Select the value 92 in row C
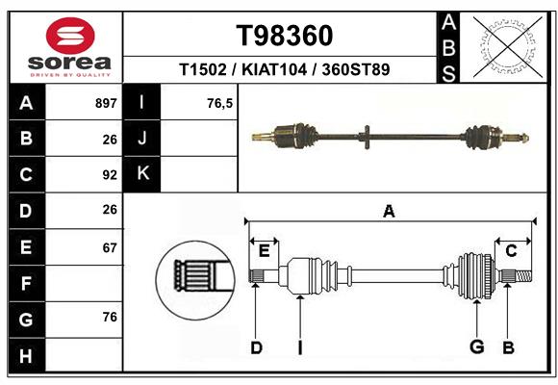(109, 175)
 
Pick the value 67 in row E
(109, 247)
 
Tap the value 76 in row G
(109, 318)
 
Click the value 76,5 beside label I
(220, 103)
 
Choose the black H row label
(26, 356)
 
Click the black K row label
(142, 173)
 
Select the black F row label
(26, 284)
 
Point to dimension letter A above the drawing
(389, 211)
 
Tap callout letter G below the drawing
(475, 346)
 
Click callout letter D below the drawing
(256, 346)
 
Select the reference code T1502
(202, 69)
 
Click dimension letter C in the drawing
(512, 250)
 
